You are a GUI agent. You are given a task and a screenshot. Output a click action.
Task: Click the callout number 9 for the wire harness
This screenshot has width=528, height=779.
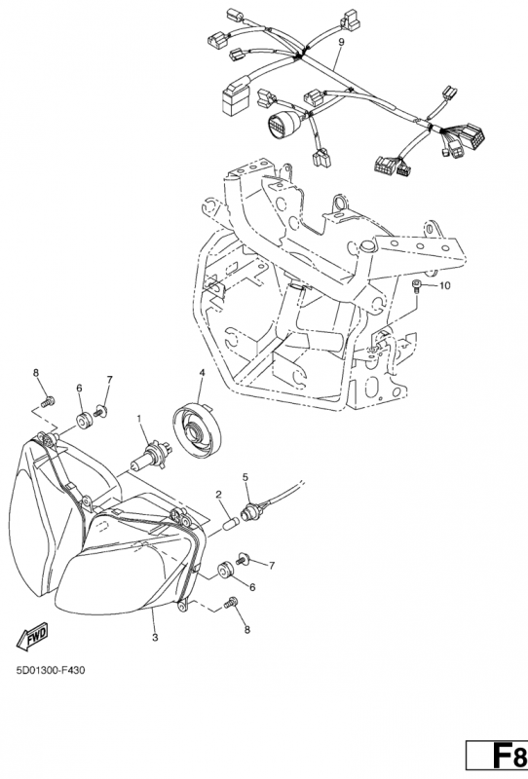pos(341,43)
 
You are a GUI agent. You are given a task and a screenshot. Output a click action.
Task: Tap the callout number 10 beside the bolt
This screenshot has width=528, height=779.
pos(444,286)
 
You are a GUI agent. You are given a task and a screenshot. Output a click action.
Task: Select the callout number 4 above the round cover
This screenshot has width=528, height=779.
pos(203,372)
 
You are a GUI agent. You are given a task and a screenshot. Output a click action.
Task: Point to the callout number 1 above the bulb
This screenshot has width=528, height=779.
pos(139,420)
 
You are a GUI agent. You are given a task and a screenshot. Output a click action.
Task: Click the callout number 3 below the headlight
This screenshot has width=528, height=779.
pos(155,638)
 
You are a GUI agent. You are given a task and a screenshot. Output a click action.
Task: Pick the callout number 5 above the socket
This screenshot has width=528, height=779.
pos(245,477)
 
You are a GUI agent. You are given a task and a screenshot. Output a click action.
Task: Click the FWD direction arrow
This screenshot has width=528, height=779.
pos(32,638)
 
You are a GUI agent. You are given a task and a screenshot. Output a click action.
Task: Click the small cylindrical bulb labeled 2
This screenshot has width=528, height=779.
pos(231,524)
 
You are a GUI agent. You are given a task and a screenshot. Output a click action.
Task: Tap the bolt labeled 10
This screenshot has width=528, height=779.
pos(416,287)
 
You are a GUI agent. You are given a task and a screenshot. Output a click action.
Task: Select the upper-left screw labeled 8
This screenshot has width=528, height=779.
pos(48,400)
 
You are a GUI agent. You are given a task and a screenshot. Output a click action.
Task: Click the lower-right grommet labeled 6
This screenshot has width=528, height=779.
pos(225,570)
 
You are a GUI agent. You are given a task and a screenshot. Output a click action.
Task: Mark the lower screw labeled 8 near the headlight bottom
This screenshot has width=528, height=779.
pos(231,602)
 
